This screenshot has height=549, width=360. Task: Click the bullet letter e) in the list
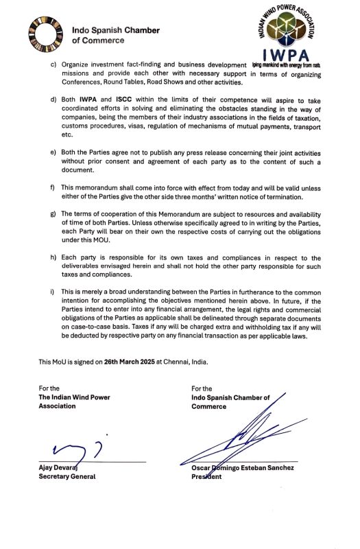(54, 150)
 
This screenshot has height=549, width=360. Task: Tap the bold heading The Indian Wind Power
(74, 397)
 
